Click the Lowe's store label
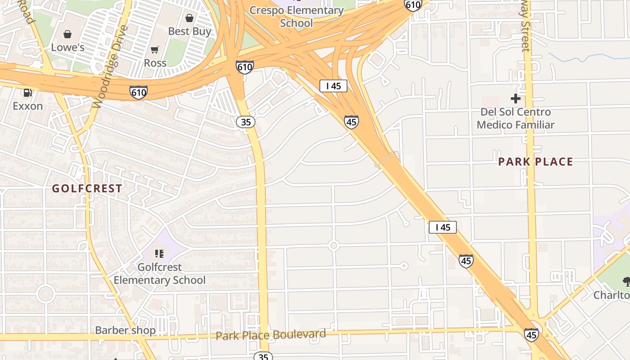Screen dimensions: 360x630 67,47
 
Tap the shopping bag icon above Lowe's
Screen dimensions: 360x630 67,34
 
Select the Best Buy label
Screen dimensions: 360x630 189,31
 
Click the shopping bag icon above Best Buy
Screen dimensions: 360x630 189,18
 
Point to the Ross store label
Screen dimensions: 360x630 155,63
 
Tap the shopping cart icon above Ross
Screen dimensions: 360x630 155,49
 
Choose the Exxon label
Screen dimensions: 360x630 28,106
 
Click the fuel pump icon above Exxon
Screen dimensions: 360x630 28,93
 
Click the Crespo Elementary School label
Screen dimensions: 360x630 297,16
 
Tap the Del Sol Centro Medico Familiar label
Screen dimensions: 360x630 516,118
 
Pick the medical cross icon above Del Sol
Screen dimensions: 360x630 516,98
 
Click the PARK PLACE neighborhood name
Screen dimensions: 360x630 535,162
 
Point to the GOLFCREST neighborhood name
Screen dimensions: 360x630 87,189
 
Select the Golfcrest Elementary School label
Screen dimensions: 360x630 159,274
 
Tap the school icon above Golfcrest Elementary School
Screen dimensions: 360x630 159,254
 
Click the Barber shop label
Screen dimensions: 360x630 125,330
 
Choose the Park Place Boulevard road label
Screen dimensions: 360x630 270,335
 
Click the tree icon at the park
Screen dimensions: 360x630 626,282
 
